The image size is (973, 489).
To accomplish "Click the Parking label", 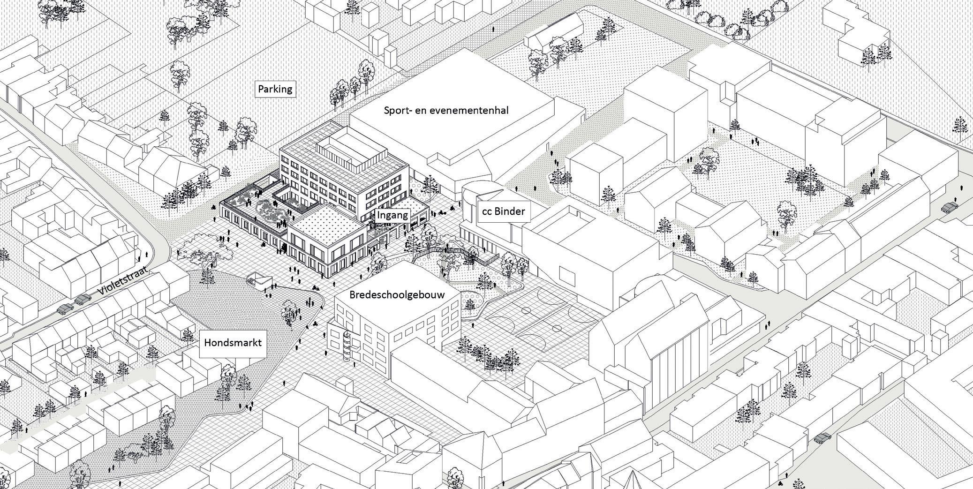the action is pyautogui.click(x=275, y=89).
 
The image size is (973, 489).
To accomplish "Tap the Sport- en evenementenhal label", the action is pyautogui.click(x=446, y=111).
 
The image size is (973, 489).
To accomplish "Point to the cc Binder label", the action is pyautogui.click(x=503, y=211).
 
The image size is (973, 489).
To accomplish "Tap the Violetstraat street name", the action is pyautogui.click(x=123, y=281).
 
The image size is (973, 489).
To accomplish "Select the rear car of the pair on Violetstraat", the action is pyautogui.click(x=65, y=308).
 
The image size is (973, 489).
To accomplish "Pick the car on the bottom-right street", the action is pyautogui.click(x=822, y=438).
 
